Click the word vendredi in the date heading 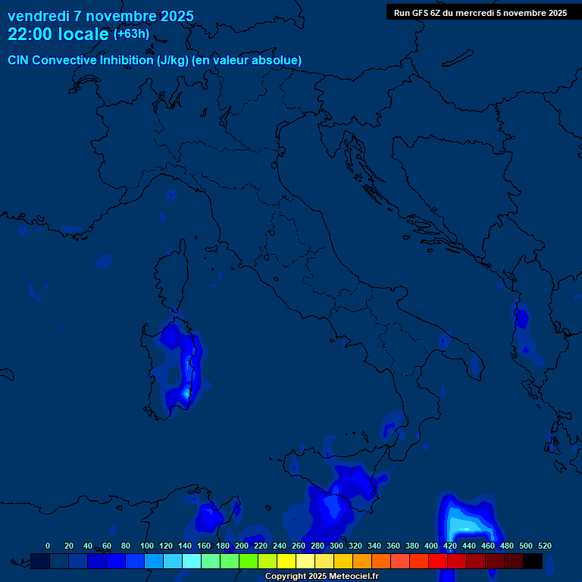tap(37, 16)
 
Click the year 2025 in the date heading tap(173, 16)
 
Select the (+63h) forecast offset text tap(131, 34)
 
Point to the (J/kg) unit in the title tap(173, 60)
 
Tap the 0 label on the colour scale tap(48, 546)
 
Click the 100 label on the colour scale tap(147, 546)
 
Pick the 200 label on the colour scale tap(242, 546)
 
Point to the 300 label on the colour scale tap(336, 546)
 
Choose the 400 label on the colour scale tap(431, 546)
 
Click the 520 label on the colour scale tap(545, 546)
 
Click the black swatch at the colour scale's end tap(533, 561)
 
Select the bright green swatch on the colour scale tap(249, 561)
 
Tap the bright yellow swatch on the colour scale tap(286, 561)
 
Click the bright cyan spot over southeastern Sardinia tap(186, 393)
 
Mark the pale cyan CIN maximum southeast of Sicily tap(464, 524)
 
